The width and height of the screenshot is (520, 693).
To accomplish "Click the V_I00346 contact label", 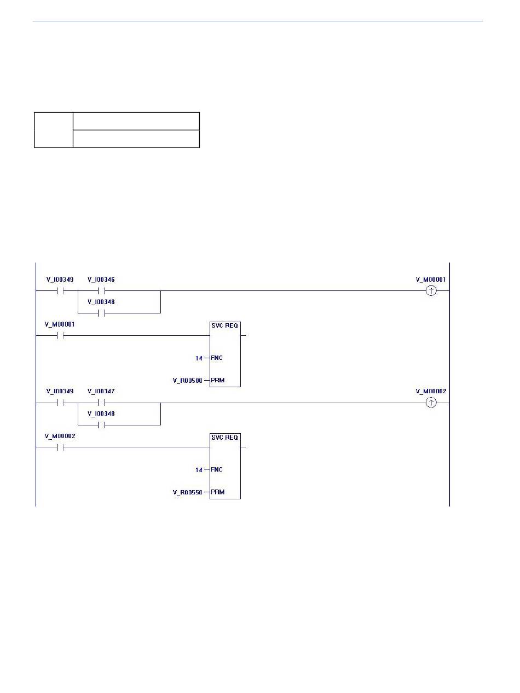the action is coord(101,279).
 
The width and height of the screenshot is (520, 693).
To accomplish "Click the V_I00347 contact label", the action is coord(101,391).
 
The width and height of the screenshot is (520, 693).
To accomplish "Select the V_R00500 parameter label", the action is coord(187,381).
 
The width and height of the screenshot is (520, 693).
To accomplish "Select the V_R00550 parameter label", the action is coord(187,492).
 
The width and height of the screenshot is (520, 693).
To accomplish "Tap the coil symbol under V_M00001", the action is coord(431,290).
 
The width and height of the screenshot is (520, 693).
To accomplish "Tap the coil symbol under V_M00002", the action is coord(431,403).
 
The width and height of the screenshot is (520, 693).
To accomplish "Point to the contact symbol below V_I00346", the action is coord(101,291).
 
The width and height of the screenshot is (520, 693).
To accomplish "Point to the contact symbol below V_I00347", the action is coord(101,403).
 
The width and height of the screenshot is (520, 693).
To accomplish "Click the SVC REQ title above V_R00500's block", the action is coord(224,325).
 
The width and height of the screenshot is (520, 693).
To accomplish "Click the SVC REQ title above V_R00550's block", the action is coord(224,437).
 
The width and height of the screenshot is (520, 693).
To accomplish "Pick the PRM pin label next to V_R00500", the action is coord(218,380).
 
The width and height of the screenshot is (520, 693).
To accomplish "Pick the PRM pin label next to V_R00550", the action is coord(218,492).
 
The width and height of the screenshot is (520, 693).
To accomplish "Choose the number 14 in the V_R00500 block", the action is coord(199,358).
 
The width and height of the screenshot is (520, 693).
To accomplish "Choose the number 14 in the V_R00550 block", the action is coord(199,470).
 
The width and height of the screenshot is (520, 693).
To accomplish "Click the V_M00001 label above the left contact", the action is coord(60,324).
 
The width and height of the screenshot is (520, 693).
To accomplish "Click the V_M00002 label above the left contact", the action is coord(60,436).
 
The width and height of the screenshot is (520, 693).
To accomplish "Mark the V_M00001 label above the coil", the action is coord(431,279).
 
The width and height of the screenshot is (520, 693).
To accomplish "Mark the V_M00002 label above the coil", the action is coord(431,391).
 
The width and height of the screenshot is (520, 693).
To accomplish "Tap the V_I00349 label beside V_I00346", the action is coord(60,279).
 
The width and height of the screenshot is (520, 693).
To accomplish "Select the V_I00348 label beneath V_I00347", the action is coord(101,414).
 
